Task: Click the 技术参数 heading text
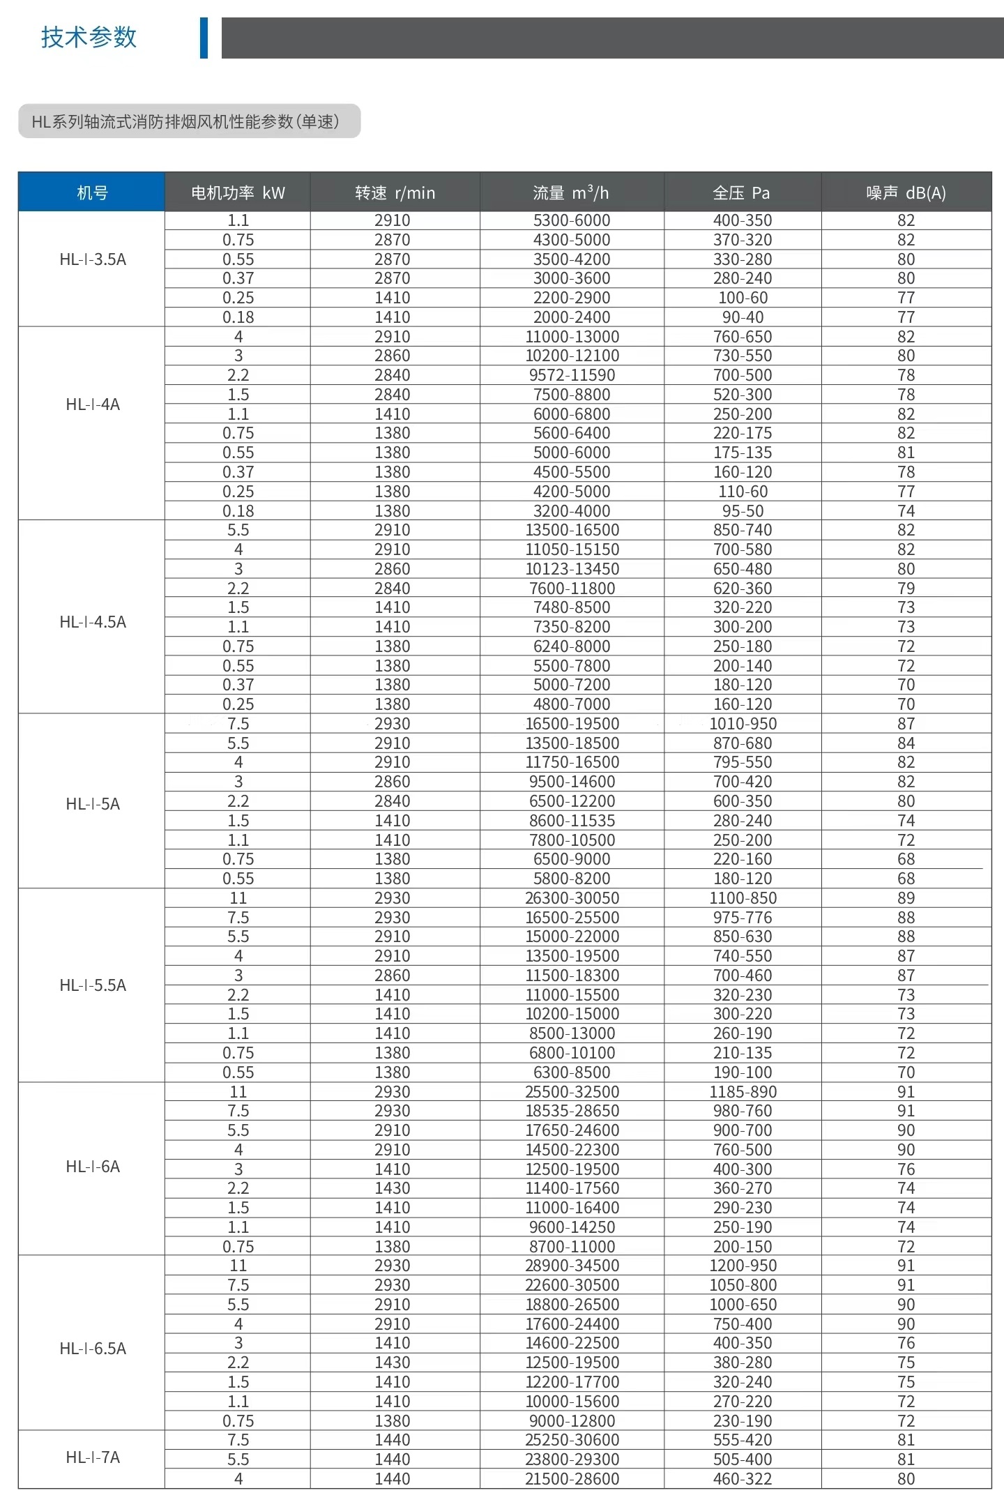click(89, 37)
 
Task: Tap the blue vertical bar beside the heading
click(204, 38)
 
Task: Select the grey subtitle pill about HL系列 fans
click(189, 121)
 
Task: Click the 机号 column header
click(92, 192)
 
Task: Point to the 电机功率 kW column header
click(238, 192)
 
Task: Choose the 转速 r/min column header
click(395, 192)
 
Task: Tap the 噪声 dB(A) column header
click(906, 192)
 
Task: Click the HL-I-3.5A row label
click(93, 259)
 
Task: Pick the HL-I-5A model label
click(93, 803)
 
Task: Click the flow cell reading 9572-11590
click(572, 375)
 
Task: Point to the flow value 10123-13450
click(572, 569)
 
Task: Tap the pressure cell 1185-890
click(743, 1091)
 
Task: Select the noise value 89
click(906, 897)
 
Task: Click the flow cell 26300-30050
click(572, 897)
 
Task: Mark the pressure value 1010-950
click(743, 724)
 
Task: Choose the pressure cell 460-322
click(743, 1478)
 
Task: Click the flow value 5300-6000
click(572, 220)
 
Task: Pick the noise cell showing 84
click(906, 743)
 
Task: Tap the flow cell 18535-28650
click(572, 1111)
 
